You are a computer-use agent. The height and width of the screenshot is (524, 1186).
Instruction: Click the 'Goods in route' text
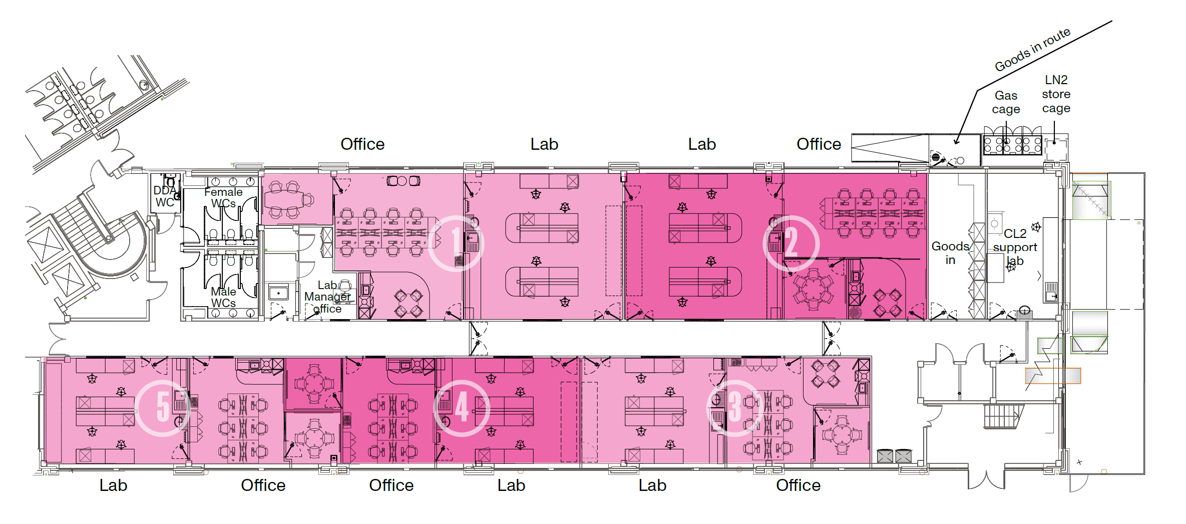[1032, 50]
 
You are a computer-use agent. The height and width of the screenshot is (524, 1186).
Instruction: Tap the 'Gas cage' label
[1006, 102]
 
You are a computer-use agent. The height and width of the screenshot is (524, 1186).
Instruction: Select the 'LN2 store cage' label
[1056, 94]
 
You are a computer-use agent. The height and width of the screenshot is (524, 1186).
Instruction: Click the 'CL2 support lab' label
[1015, 247]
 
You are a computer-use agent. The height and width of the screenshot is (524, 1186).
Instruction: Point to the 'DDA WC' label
[165, 196]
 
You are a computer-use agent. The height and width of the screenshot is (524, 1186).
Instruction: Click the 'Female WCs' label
[223, 197]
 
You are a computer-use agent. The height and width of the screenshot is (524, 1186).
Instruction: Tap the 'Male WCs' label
[223, 297]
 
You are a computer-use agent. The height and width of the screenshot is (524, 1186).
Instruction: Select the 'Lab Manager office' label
[328, 297]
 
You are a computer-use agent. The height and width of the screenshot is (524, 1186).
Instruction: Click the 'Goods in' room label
[950, 253]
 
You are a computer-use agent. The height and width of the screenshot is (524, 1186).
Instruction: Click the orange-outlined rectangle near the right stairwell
[1053, 376]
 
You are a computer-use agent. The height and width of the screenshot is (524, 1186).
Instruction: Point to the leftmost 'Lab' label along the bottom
[113, 485]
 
